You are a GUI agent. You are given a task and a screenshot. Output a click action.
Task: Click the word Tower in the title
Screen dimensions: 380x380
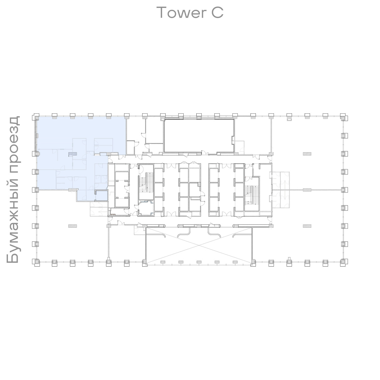181,13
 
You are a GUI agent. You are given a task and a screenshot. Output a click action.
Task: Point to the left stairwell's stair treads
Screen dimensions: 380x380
146,182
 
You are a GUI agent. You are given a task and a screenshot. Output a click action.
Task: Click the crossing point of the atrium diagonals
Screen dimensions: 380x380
199,245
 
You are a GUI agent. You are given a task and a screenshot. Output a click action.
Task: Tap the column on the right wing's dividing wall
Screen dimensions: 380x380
307,190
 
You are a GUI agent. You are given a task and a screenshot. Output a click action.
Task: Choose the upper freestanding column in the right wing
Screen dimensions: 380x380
307,154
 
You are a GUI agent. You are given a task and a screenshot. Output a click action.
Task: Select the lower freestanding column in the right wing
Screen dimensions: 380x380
307,226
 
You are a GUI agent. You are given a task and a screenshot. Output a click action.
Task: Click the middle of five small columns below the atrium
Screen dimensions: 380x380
199,262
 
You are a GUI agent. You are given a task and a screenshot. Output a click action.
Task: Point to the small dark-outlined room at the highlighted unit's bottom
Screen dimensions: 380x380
102,195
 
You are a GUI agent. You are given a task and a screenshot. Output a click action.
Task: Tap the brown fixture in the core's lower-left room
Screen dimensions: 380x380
113,214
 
